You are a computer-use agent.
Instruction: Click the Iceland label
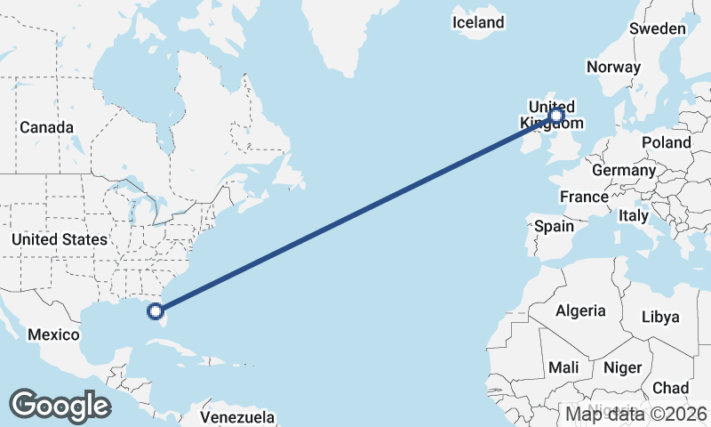478,22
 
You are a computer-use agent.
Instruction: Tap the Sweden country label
657,28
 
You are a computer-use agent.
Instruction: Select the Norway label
613,67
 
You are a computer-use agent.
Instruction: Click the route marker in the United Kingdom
556,115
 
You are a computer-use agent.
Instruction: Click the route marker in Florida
156,310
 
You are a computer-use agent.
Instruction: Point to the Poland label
667,142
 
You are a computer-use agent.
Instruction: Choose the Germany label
623,170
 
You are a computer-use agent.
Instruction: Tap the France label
584,197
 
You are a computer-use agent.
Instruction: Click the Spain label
554,226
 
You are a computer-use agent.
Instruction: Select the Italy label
634,215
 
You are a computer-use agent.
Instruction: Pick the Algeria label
580,311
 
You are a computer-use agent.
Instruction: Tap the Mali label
563,367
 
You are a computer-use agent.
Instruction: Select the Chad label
670,388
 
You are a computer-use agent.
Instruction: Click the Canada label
46,127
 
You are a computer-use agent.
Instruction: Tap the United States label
60,239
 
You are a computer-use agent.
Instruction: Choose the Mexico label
53,334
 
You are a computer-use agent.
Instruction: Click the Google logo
60,405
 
